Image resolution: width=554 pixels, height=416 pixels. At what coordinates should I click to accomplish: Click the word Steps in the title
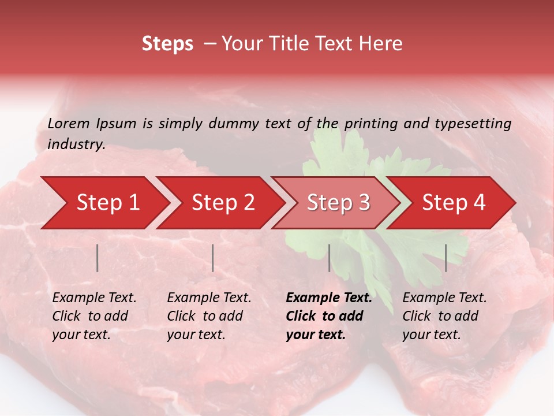pos(167,44)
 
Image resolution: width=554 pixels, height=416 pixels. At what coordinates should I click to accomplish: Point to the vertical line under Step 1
pos(98,258)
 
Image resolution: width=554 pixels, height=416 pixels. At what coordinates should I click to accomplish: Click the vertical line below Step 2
pos(213,258)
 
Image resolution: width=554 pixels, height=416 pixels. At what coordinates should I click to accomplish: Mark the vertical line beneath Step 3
pos(330,258)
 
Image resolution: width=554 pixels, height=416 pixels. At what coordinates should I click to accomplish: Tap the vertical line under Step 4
pos(446,258)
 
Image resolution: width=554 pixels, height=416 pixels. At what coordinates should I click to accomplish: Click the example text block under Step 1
pos(94,316)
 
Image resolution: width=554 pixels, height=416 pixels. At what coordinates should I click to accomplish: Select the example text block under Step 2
pos(209,316)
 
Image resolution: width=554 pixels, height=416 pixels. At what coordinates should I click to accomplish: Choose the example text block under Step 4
pos(444,316)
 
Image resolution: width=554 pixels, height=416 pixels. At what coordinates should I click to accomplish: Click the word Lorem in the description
pos(69,124)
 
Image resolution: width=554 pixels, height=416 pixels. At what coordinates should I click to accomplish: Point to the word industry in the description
pos(76,144)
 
